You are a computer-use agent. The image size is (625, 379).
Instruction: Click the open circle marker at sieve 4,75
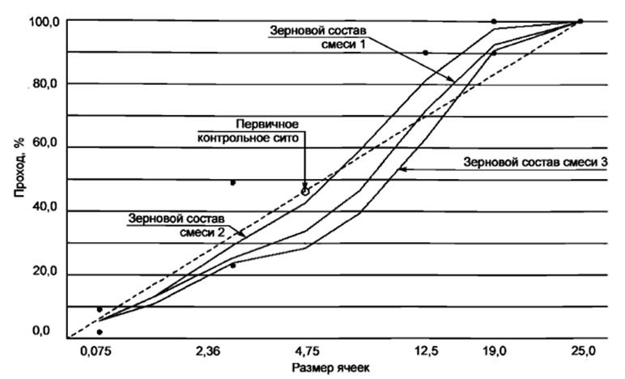305,192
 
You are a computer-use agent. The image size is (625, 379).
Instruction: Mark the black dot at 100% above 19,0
494,21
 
